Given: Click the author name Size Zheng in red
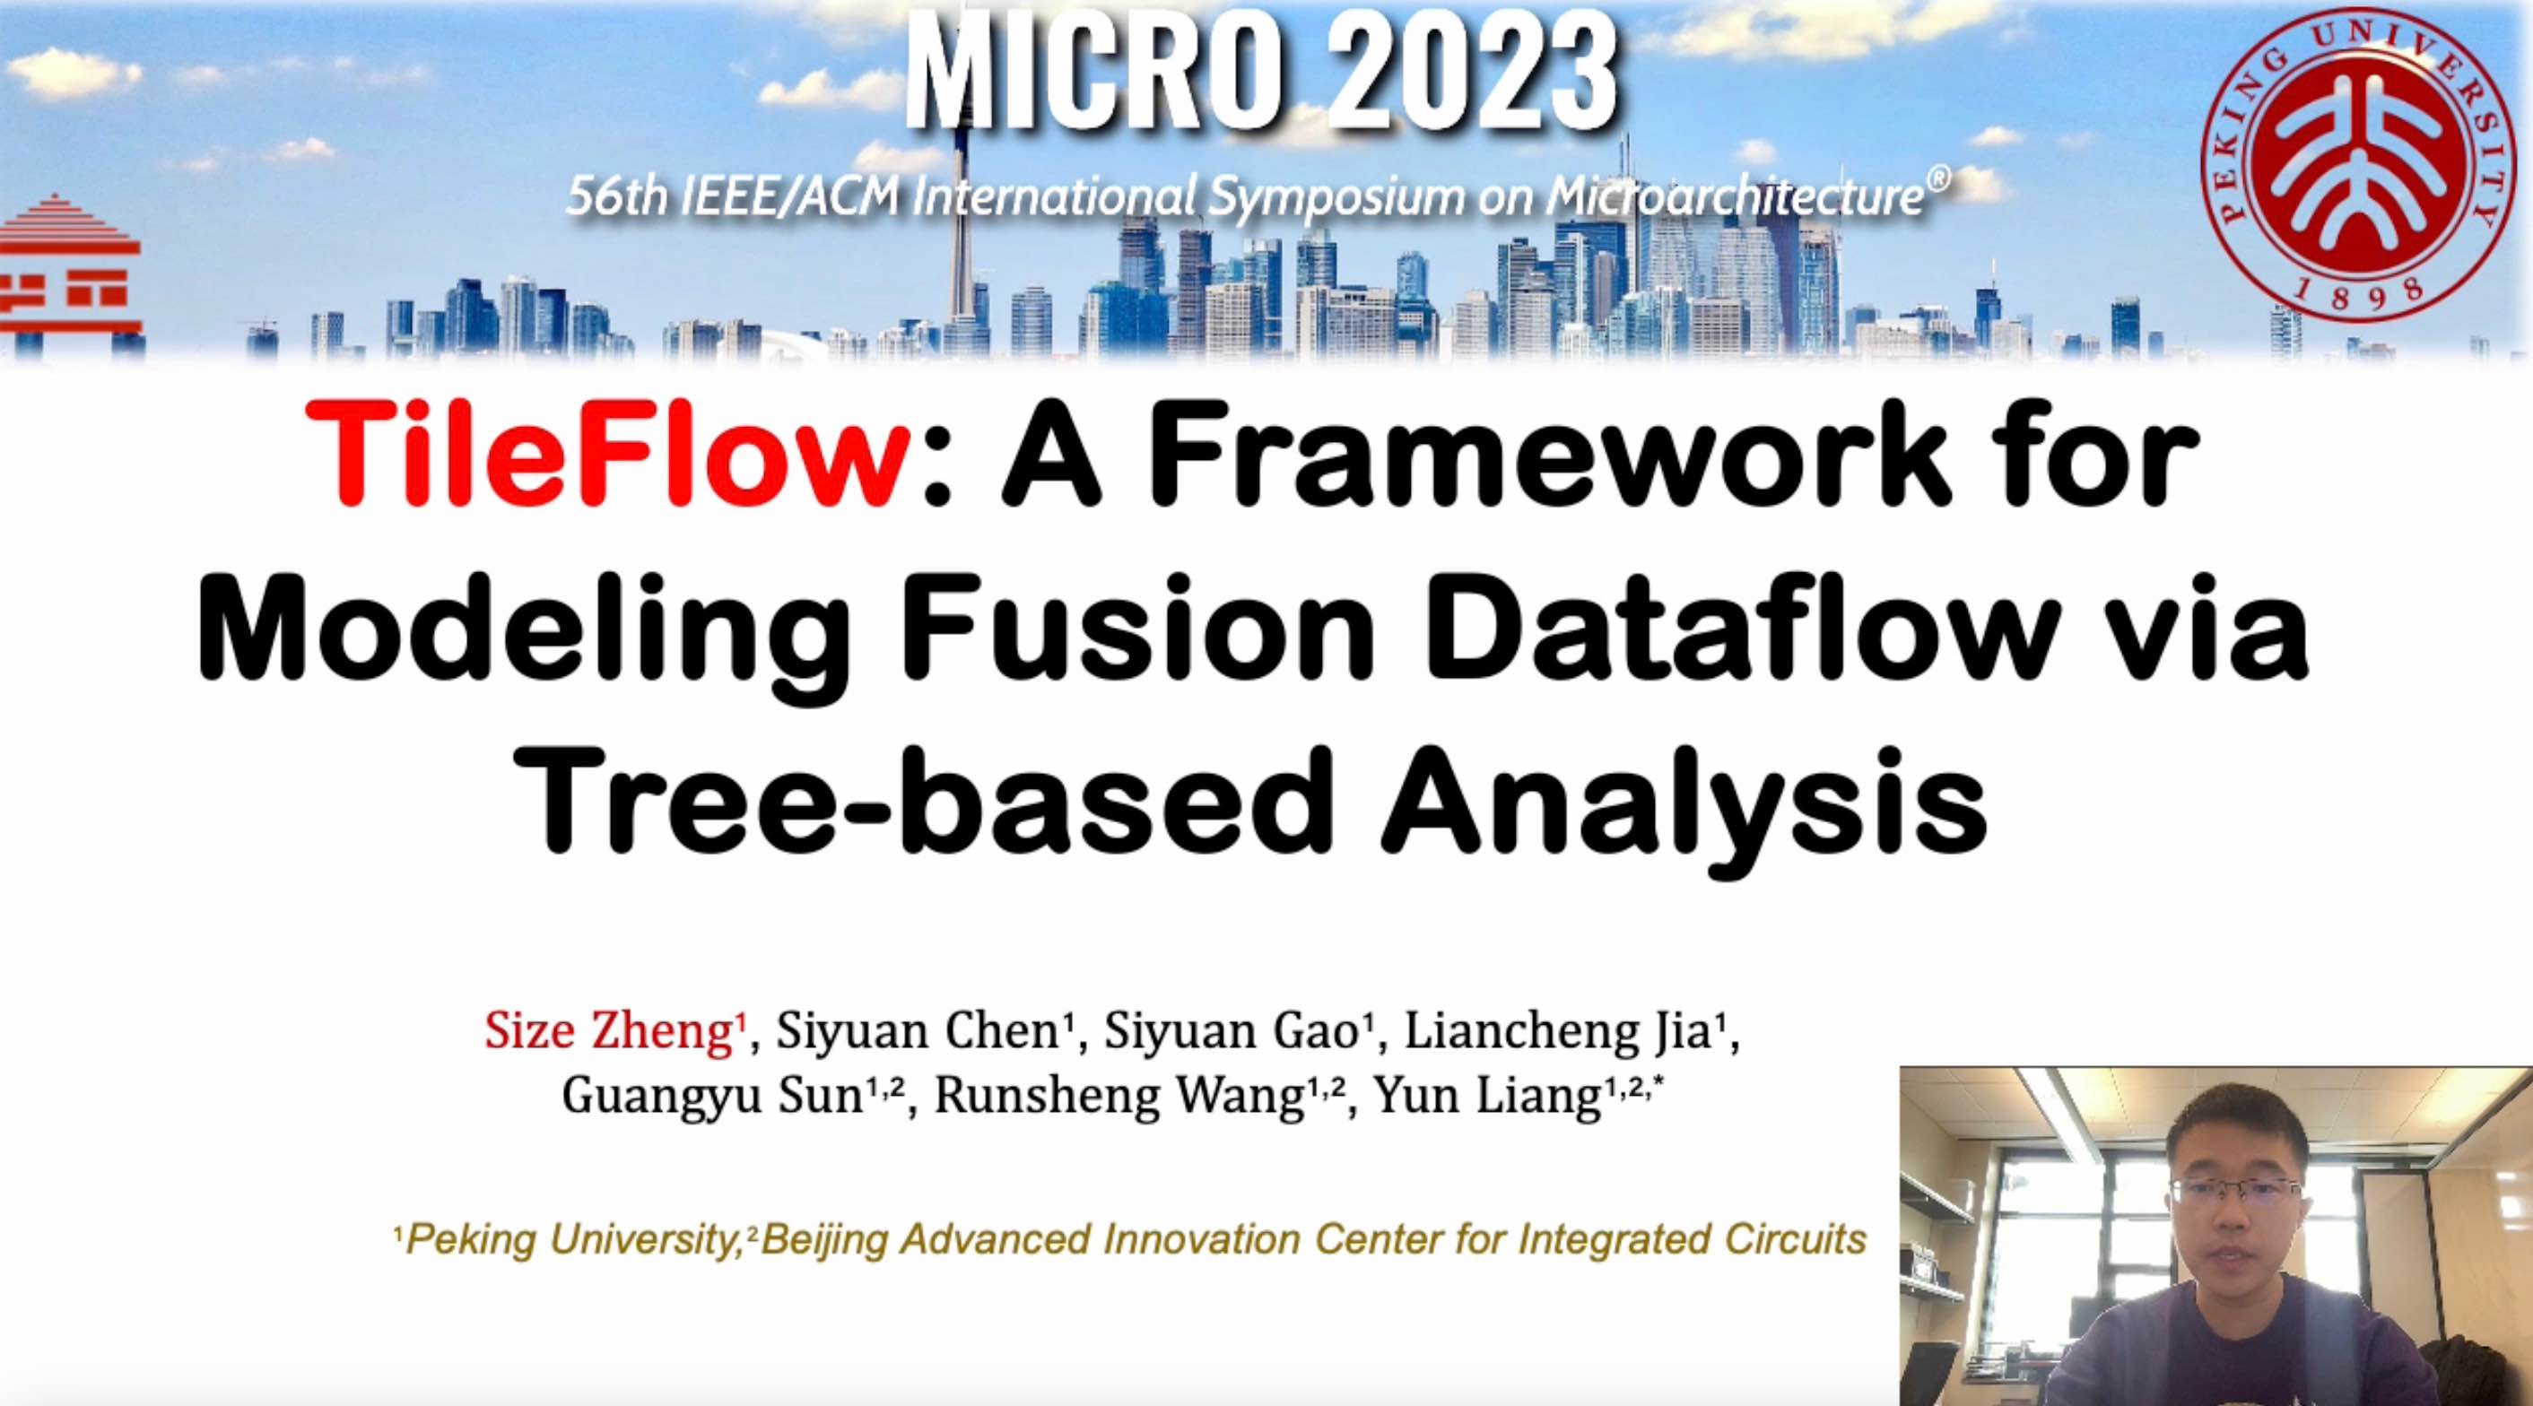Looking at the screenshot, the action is click(x=609, y=1031).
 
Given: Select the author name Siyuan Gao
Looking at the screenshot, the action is click(x=1236, y=1031).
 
